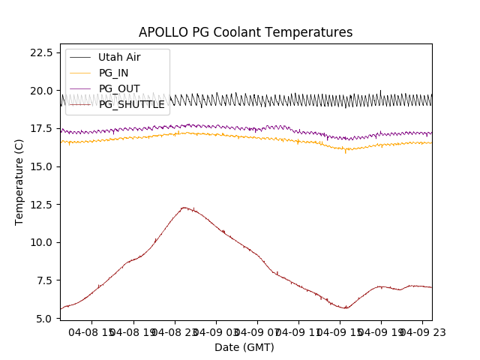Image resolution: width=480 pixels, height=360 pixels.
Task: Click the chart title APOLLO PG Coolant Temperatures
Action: [245, 32]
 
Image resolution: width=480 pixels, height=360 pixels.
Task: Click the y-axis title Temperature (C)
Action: [19, 182]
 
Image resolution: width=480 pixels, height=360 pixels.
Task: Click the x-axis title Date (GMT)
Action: [244, 347]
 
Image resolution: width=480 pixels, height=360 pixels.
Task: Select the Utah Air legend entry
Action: [119, 57]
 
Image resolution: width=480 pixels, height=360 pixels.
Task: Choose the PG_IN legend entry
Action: [113, 73]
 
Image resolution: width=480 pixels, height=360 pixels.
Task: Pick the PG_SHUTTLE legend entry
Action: [131, 104]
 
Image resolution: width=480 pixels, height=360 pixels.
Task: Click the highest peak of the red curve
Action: [184, 208]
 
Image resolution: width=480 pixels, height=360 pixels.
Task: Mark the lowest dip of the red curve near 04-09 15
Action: [345, 308]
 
